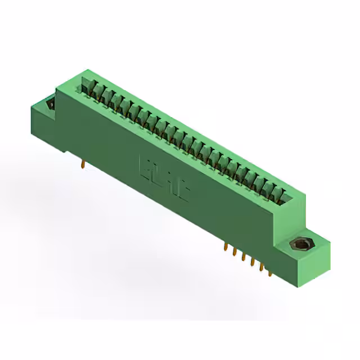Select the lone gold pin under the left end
83,164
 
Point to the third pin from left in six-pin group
243,258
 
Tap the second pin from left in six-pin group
234,253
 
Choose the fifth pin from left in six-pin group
261,268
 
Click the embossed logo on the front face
164,177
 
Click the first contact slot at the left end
88,85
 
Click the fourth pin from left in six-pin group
252,263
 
